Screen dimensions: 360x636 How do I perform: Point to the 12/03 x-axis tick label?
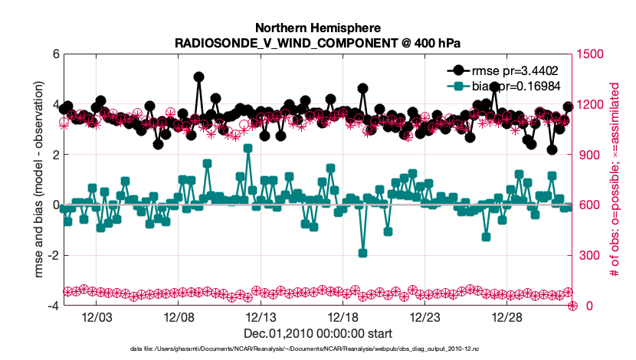tap(96, 318)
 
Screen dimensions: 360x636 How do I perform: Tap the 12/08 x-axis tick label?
tap(178, 318)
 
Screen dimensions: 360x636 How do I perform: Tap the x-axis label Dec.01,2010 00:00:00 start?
tap(318, 333)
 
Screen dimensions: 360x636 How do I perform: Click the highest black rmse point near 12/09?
tap(198, 77)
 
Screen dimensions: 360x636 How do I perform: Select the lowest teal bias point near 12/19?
tap(362, 253)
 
